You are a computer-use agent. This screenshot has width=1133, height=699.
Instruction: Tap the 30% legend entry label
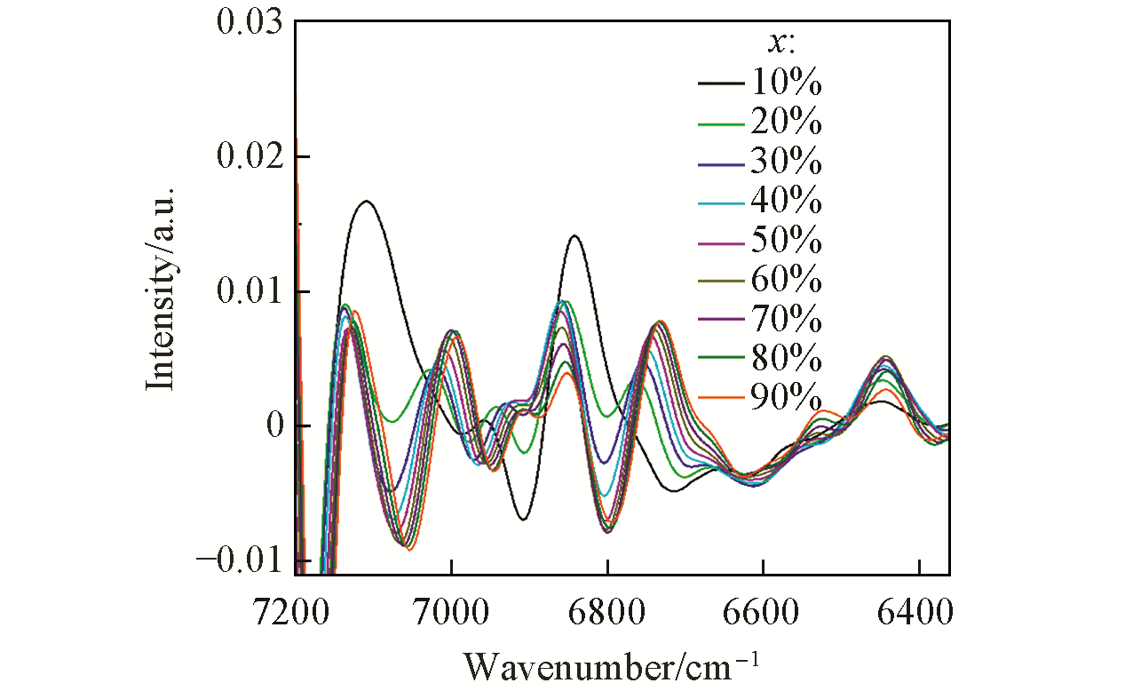pyautogui.click(x=787, y=163)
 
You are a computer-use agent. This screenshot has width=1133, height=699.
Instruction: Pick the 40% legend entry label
pyautogui.click(x=787, y=202)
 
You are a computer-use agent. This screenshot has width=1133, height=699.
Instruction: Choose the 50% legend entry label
pyautogui.click(x=787, y=242)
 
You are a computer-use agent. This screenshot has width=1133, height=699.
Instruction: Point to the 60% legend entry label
pyautogui.click(x=787, y=281)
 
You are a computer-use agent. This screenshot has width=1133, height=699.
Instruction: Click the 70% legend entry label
pyautogui.click(x=787, y=320)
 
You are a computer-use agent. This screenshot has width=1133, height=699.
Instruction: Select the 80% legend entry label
pyautogui.click(x=787, y=359)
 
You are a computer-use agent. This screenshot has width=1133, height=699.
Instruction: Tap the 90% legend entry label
pyautogui.click(x=787, y=398)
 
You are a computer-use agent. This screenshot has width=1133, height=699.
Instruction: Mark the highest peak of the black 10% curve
pyautogui.click(x=366, y=201)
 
